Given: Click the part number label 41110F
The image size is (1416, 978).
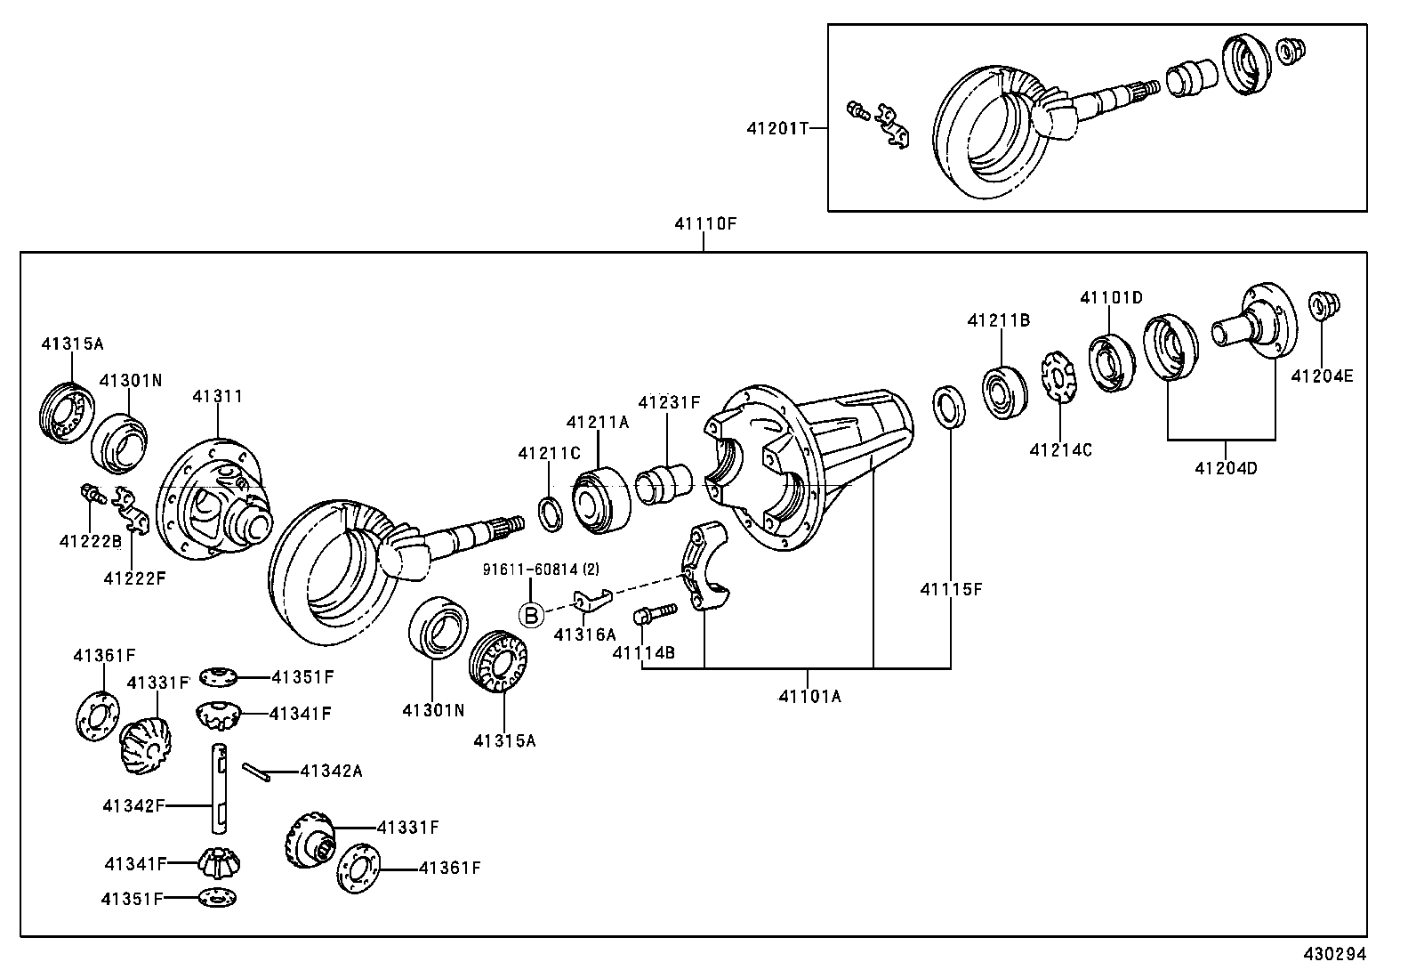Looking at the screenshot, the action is pos(704,224).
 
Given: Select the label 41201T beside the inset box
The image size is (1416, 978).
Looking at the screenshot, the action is pos(777,128).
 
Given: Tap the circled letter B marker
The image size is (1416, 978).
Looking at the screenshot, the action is pos(532,615).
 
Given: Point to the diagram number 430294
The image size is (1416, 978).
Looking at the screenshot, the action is pos(1334,954).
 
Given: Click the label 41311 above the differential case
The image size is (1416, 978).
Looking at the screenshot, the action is pos(217,397).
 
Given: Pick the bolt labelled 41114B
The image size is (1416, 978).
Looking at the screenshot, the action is pos(655,613).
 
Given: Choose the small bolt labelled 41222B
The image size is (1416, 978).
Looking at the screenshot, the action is pos(93,493).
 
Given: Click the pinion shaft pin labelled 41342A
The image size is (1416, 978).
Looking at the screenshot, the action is pos(256,772).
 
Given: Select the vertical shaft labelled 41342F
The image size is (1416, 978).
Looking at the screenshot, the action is pos(220,788).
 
